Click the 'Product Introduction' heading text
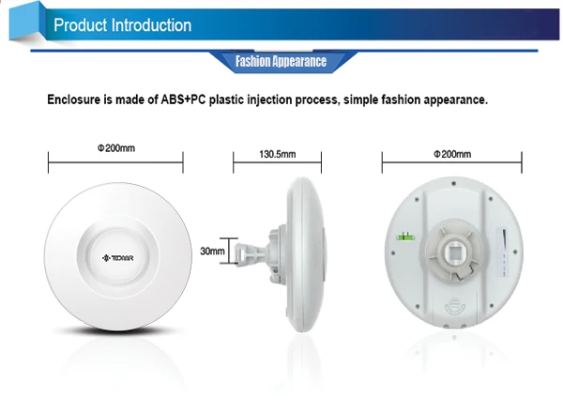tap(123, 25)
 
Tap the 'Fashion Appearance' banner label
tap(281, 63)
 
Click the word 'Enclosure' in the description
tap(79, 99)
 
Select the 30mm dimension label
tap(213, 251)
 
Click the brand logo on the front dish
tap(116, 253)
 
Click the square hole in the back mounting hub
tap(454, 253)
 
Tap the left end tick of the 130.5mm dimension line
tap(234, 165)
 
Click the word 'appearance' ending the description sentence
tap(454, 99)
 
